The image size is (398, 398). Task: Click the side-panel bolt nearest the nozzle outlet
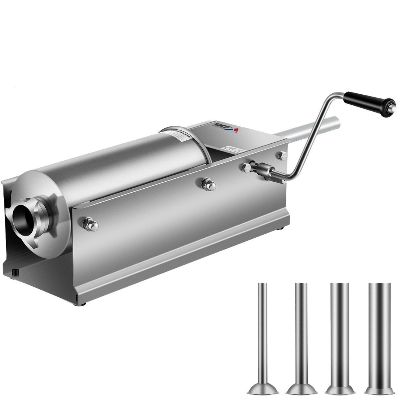(90, 224)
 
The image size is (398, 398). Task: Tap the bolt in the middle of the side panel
(208, 184)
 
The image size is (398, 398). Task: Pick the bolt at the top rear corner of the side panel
(283, 155)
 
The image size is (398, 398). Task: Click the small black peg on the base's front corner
(15, 272)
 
